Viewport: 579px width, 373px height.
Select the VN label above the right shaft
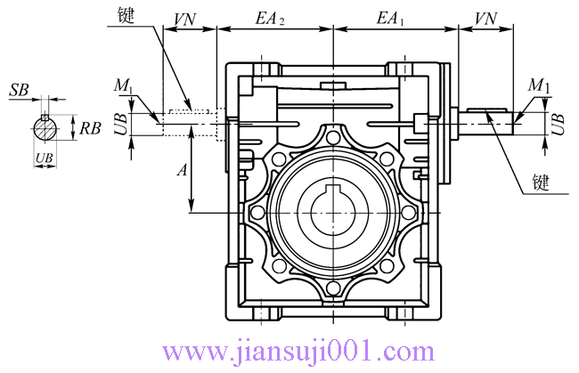click(486, 18)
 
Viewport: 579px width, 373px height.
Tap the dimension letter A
click(181, 172)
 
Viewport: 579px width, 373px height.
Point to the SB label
click(19, 91)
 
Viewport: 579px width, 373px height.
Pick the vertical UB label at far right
click(558, 123)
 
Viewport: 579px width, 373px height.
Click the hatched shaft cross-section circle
click(45, 127)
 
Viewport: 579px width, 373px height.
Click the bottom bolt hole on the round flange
click(332, 288)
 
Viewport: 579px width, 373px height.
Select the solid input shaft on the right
click(486, 122)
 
